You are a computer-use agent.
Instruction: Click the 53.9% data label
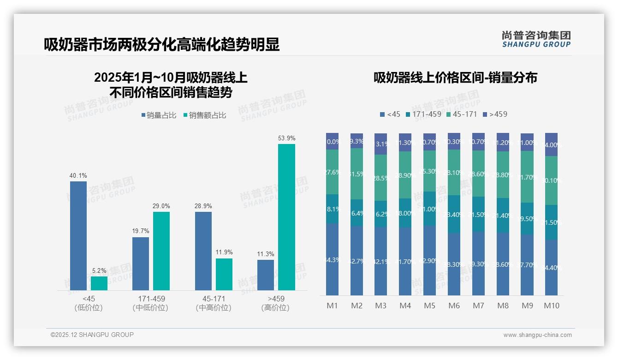pos(286,138)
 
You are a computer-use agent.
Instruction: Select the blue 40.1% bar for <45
pos(78,235)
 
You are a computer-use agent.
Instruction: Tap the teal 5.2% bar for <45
pos(99,283)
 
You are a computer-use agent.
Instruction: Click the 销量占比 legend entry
pos(159,115)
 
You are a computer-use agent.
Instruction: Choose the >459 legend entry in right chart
pos(495,114)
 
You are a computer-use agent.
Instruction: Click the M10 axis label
pos(551,306)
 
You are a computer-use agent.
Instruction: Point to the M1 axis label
pos(332,306)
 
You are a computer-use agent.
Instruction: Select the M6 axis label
pos(454,306)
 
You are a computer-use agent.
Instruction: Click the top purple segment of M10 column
pos(551,144)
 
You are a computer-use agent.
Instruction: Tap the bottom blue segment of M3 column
pos(380,261)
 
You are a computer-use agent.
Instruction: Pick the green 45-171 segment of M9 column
pos(527,177)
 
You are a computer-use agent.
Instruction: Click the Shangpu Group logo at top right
pos(536,39)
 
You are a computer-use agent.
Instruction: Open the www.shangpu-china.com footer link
pos(537,335)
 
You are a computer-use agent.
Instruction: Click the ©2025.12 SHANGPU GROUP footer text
pos(92,335)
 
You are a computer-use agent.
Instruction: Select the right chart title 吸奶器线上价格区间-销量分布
pos(455,78)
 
